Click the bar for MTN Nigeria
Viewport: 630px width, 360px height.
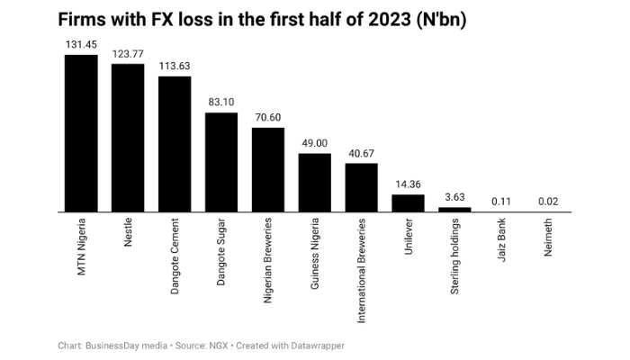tap(81, 133)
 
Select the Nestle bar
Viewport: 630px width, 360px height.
tap(128, 138)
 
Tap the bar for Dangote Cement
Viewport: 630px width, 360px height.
tap(175, 144)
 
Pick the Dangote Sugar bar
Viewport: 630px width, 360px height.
tap(221, 162)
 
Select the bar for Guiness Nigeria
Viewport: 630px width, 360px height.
tap(315, 183)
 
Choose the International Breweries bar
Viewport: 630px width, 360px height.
tap(362, 187)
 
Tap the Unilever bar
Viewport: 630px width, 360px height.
tap(409, 203)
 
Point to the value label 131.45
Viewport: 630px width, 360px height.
tap(81, 44)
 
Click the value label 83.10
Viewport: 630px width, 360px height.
tap(221, 102)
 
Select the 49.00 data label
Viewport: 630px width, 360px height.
tap(315, 142)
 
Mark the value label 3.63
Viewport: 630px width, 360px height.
tap(455, 196)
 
